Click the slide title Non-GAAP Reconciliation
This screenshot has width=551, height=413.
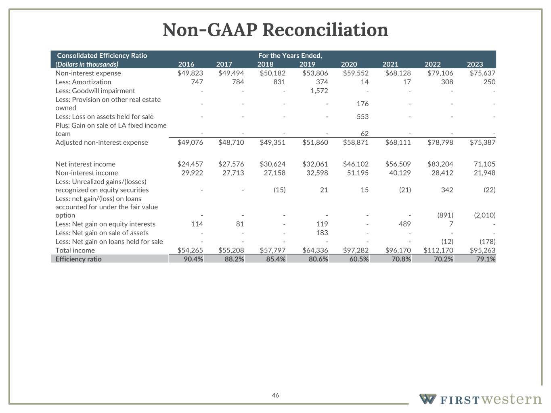(275, 30)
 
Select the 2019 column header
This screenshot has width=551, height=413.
(307, 64)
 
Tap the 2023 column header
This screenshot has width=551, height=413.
(475, 64)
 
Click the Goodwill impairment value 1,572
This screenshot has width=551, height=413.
(316, 91)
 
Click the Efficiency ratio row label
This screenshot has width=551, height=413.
(78, 259)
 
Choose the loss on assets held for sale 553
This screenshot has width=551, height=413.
(362, 117)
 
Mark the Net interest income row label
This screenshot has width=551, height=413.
(85, 164)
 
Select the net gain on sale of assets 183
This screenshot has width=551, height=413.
(321, 233)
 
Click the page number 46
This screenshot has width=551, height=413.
(275, 395)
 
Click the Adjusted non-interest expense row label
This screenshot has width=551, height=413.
(101, 142)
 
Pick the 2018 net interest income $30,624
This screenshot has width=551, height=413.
(272, 164)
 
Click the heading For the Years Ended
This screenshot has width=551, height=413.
(290, 56)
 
